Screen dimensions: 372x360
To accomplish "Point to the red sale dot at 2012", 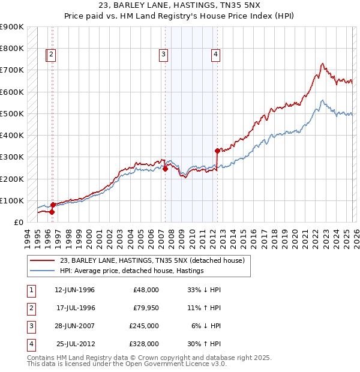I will (x=217, y=151).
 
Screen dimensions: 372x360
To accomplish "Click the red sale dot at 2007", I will (x=165, y=169).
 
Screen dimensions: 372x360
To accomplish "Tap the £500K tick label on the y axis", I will (x=11, y=113).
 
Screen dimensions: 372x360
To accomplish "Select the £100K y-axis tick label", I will (x=11, y=200).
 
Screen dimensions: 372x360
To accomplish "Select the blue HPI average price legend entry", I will (x=132, y=271).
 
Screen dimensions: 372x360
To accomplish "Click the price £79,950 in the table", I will (x=146, y=308).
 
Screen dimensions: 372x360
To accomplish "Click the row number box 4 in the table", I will (x=30, y=344).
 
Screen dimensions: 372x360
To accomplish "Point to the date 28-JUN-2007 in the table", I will (x=74, y=326).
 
